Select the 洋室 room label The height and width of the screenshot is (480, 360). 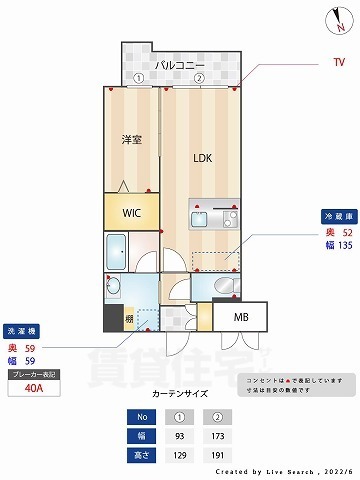click(130, 140)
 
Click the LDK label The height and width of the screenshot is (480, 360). click(204, 157)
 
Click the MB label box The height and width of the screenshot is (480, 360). click(241, 318)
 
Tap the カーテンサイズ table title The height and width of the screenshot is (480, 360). click(181, 395)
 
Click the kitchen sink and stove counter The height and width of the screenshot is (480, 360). click(213, 216)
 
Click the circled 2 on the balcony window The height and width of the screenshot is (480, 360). click(199, 78)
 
